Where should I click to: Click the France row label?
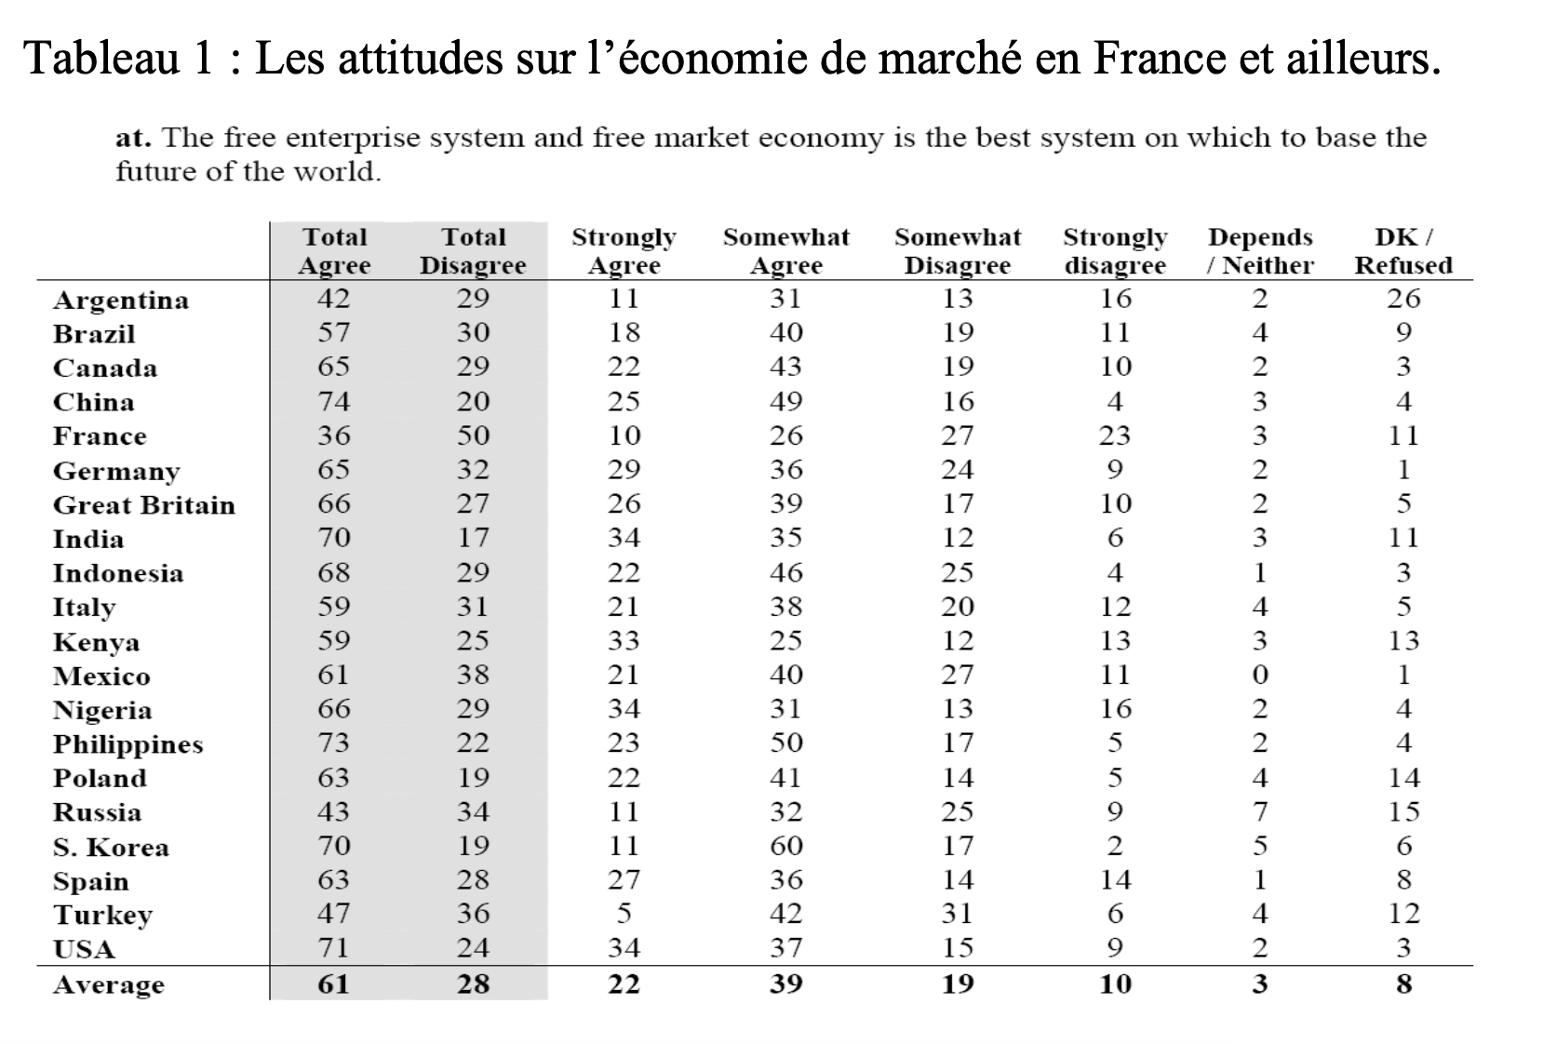[x=100, y=435]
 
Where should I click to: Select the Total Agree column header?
[x=334, y=250]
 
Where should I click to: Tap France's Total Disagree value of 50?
[x=474, y=435]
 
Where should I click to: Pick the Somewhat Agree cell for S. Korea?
[x=786, y=845]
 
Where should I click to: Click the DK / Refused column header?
[x=1403, y=250]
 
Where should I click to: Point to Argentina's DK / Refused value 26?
[x=1403, y=298]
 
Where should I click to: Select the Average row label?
[x=109, y=984]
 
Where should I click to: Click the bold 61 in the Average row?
[x=333, y=984]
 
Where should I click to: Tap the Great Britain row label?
[x=144, y=504]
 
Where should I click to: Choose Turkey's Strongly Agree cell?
[x=624, y=913]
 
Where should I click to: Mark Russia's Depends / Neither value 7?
[x=1260, y=811]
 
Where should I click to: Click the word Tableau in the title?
[x=101, y=58]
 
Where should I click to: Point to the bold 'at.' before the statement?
[x=133, y=138]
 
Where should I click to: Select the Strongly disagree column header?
[x=1115, y=250]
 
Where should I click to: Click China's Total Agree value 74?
[x=334, y=401]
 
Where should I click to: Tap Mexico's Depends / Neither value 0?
[x=1260, y=675]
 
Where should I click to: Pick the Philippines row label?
[x=128, y=744]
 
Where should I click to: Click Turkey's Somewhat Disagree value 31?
[x=958, y=913]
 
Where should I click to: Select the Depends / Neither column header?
[x=1260, y=250]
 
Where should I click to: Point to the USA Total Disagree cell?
[x=474, y=947]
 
